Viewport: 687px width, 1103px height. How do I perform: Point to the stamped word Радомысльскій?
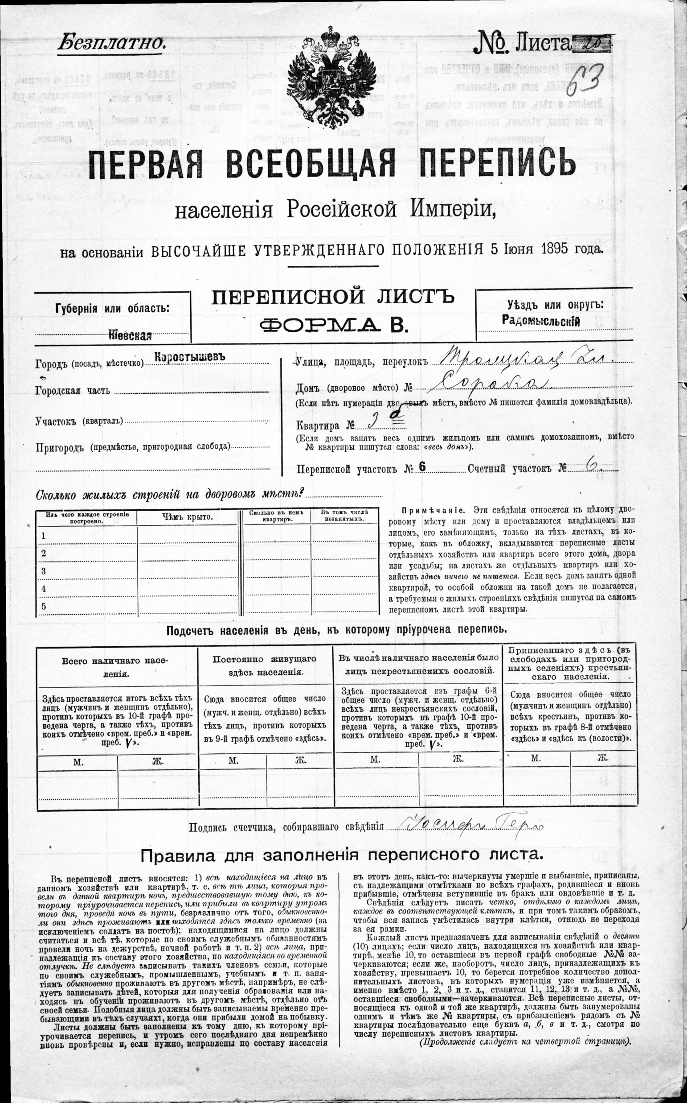click(x=541, y=320)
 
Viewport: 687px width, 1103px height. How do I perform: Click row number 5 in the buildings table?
click(x=44, y=606)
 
